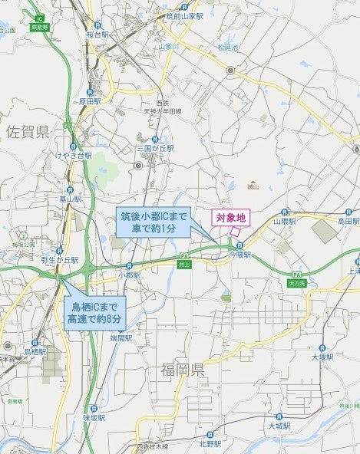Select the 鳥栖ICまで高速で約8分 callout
coord(95,312)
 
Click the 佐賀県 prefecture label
coord(28,132)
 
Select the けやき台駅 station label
coord(73,155)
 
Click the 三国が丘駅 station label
coord(156,148)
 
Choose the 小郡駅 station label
coord(129,274)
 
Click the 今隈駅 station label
coord(240,255)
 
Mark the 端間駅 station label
coord(122,337)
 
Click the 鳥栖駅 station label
coord(35,351)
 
